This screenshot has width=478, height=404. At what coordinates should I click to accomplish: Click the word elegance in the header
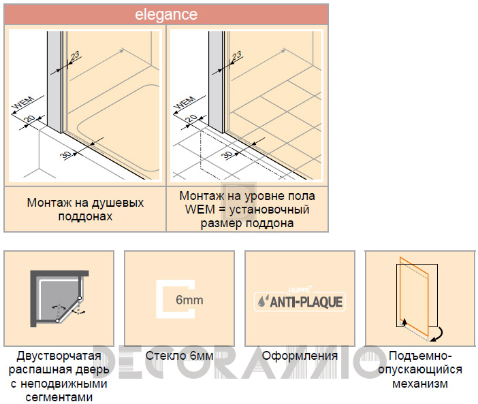tap(166, 14)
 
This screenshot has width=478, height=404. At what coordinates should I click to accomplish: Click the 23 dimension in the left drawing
tap(75, 56)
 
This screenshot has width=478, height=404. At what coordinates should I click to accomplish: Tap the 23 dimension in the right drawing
tap(236, 56)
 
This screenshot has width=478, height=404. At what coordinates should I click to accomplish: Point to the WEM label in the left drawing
tap(23, 103)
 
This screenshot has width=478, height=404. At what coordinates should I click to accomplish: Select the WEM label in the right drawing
tap(185, 103)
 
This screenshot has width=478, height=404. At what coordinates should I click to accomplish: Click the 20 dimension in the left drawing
tap(30, 118)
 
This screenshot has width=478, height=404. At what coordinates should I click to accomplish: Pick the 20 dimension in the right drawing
tap(191, 118)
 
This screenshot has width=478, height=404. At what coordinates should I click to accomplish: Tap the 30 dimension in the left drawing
tap(65, 154)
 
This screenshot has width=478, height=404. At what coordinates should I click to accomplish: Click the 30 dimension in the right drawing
tap(227, 154)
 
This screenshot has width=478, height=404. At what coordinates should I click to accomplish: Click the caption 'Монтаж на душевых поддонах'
tap(85, 209)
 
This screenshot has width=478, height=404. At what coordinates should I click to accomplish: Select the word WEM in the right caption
tap(200, 209)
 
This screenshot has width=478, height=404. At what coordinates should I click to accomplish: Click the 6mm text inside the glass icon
tap(189, 300)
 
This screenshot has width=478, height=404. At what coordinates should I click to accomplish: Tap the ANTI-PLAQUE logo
tap(300, 302)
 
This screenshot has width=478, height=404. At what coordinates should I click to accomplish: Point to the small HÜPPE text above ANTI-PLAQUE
tap(299, 290)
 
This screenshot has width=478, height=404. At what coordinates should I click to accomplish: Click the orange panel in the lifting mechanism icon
tap(414, 297)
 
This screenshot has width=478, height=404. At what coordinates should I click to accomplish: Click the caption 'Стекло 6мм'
tap(179, 356)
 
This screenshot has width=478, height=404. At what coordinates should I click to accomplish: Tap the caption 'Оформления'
tap(300, 356)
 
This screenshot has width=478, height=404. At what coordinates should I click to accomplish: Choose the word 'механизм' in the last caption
tap(420, 384)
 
